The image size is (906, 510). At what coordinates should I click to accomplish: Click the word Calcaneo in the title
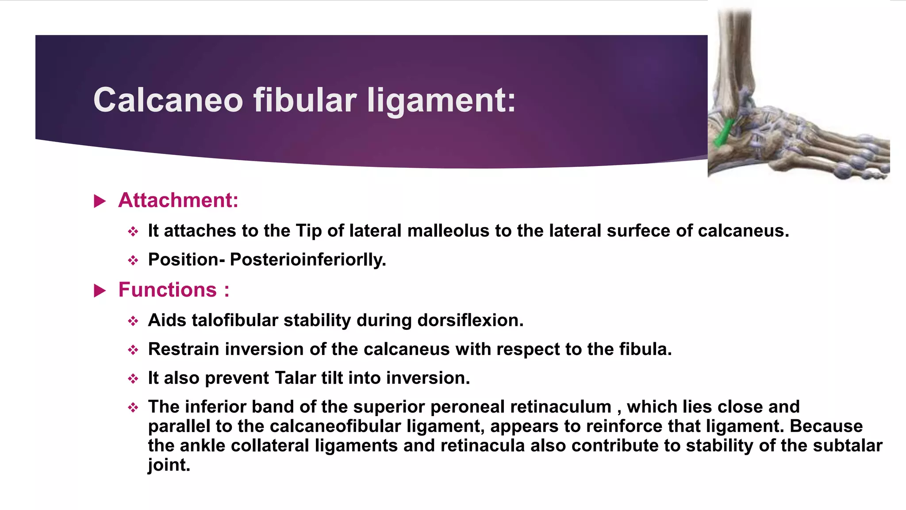pos(168,100)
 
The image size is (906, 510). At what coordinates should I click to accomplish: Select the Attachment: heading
pos(178,200)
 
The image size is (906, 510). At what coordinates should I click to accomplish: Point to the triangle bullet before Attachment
pos(100,201)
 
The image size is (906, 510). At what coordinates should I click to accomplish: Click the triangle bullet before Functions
pos(100,291)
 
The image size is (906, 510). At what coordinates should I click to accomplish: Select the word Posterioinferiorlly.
pos(308,259)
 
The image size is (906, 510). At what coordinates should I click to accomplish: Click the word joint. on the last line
pos(169,465)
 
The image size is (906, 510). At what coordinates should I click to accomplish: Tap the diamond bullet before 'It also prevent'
pos(133,379)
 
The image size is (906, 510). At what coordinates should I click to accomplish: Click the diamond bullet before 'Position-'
pos(133,260)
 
